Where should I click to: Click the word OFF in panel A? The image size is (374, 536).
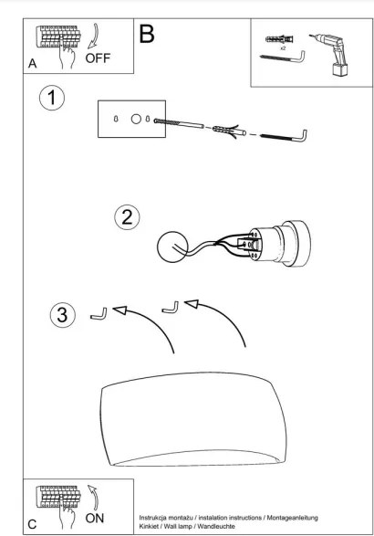pos(98,58)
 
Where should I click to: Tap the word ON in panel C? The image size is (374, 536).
pos(94,519)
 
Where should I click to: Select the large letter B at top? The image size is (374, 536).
pos(147,34)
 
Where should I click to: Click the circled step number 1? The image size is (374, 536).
pos(52,98)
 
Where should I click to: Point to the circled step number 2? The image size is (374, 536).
pos(127,217)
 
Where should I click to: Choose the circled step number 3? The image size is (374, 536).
pos(63,315)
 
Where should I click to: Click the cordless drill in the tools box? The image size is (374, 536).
pos(331,54)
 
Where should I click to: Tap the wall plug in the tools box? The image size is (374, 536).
pos(279,39)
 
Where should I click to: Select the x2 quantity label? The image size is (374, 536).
pos(283,48)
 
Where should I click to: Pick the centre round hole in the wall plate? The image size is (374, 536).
pos(136,119)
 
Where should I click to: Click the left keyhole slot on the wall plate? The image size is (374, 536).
pos(116,120)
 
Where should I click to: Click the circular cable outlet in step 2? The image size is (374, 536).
pos(171,247)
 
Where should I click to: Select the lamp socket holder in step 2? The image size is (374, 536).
pos(278,244)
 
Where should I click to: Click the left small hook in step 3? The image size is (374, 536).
pos(99,315)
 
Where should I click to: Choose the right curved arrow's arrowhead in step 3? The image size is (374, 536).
pos(192,303)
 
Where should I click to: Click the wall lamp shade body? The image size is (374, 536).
pos(193,419)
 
